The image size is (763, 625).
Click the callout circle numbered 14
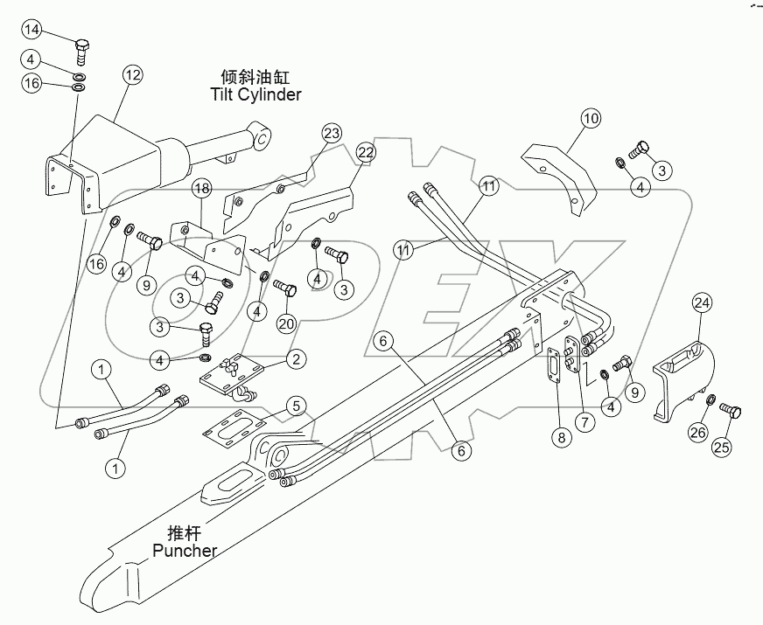tap(31, 31)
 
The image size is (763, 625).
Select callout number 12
tap(131, 76)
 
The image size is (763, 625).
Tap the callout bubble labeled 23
tap(331, 133)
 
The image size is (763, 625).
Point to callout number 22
tap(366, 152)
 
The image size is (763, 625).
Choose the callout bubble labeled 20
tap(287, 323)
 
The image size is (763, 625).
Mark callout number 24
tap(703, 303)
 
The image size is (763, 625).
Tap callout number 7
tap(584, 420)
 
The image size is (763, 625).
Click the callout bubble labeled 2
tap(297, 358)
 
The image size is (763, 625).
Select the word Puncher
tap(184, 550)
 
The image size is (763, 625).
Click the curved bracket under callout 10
tap(560, 175)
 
